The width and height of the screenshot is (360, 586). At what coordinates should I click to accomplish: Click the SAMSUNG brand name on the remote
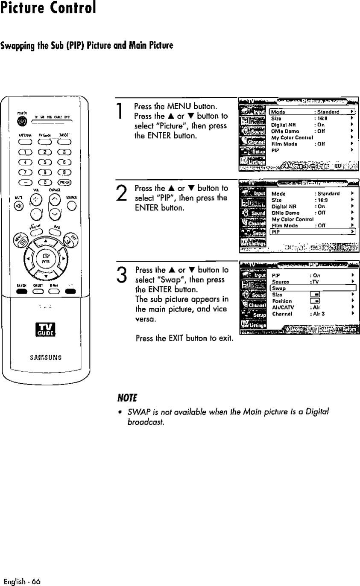pos(45,357)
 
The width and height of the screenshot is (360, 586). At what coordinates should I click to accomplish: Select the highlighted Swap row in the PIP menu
pos(313,289)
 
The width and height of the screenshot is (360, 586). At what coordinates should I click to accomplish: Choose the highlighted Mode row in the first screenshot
pos(313,112)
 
